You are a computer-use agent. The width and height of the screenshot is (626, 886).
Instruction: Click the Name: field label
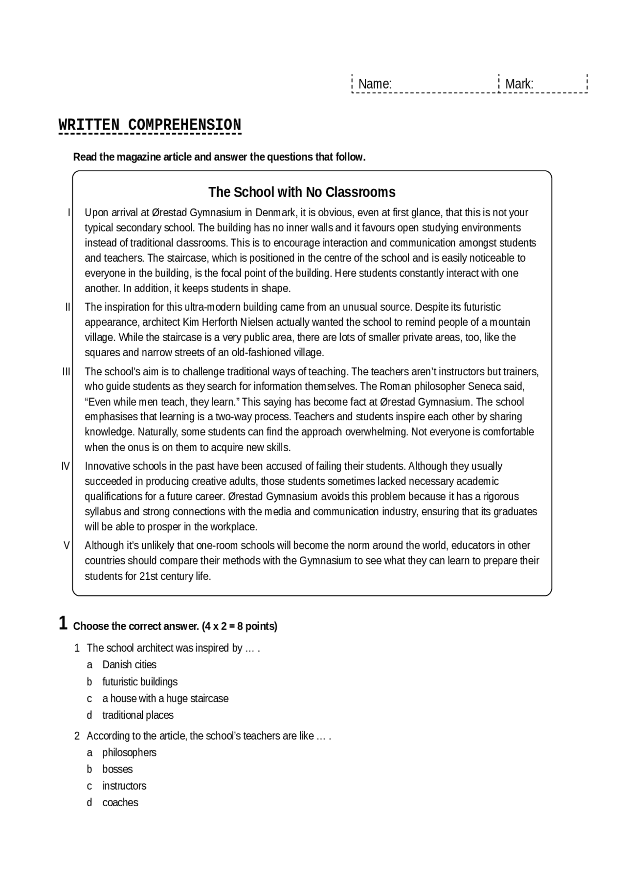click(x=375, y=84)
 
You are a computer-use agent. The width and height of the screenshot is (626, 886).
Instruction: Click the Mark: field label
click(x=519, y=84)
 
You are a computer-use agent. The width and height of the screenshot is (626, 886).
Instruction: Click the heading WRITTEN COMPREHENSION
click(x=150, y=125)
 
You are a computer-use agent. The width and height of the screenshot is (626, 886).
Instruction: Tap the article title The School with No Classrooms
click(x=302, y=192)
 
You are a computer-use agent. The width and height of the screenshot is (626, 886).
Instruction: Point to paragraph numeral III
click(x=67, y=372)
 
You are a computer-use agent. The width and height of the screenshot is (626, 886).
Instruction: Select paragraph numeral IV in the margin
click(x=66, y=466)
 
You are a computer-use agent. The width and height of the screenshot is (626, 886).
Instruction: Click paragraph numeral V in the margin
click(x=67, y=545)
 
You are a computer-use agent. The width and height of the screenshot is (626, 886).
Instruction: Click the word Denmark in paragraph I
click(x=275, y=213)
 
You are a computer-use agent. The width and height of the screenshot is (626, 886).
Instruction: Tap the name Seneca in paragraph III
click(x=485, y=386)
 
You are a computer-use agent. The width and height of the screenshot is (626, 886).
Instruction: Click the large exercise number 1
click(x=63, y=624)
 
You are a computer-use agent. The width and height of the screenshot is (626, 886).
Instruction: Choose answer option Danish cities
click(x=129, y=665)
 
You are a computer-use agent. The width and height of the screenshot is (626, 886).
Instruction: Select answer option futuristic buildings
click(x=139, y=682)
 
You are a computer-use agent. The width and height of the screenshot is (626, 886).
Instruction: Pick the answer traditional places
click(x=137, y=715)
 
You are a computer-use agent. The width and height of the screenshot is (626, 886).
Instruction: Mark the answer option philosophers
click(x=129, y=752)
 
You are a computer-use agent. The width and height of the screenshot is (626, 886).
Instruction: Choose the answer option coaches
click(x=120, y=802)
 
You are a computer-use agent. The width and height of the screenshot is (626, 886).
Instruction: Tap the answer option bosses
click(x=117, y=769)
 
